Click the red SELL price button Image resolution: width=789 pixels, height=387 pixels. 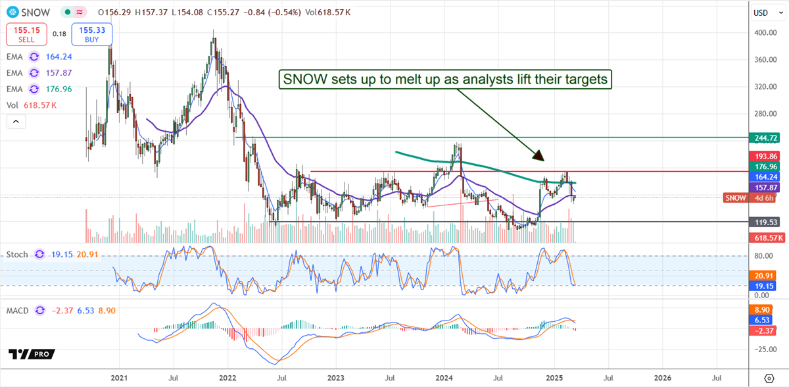tap(26, 34)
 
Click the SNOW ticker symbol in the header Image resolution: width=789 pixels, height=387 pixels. tap(34, 12)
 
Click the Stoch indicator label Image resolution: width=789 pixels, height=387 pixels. tap(18, 254)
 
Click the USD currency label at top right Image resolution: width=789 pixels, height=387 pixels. tap(760, 13)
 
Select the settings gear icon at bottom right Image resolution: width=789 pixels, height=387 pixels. tap(769, 378)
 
